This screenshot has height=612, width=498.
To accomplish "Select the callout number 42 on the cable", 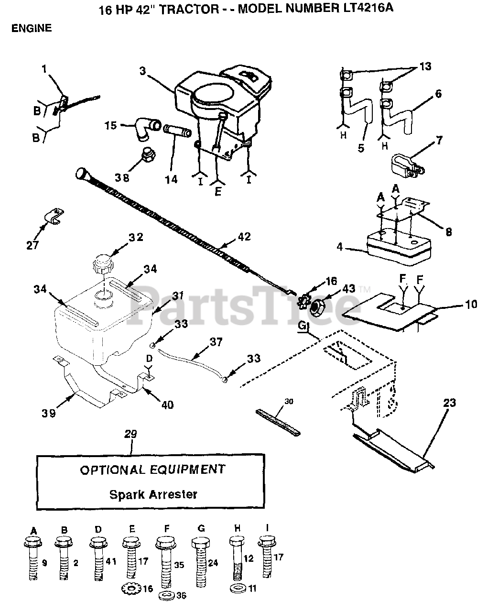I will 244,237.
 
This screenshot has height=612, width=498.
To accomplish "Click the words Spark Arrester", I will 153,494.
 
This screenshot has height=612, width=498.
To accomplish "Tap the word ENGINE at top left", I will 31,28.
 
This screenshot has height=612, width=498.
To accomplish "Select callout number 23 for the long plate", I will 449,403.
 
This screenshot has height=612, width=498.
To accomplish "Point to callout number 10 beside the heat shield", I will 470,304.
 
